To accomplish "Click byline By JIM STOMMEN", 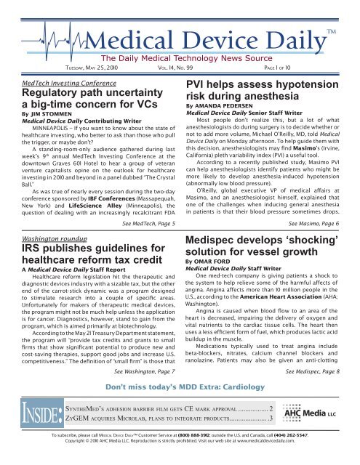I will tap(46, 113).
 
